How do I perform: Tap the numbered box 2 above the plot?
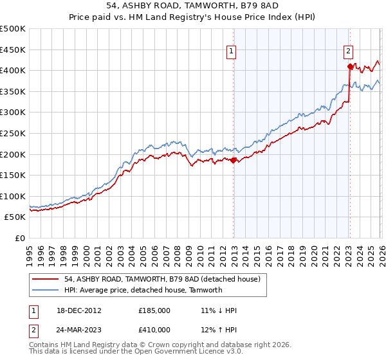click(x=348, y=52)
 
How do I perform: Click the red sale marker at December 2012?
click(x=234, y=161)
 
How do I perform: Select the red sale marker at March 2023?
click(x=350, y=66)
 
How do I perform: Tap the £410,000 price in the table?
click(x=154, y=330)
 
